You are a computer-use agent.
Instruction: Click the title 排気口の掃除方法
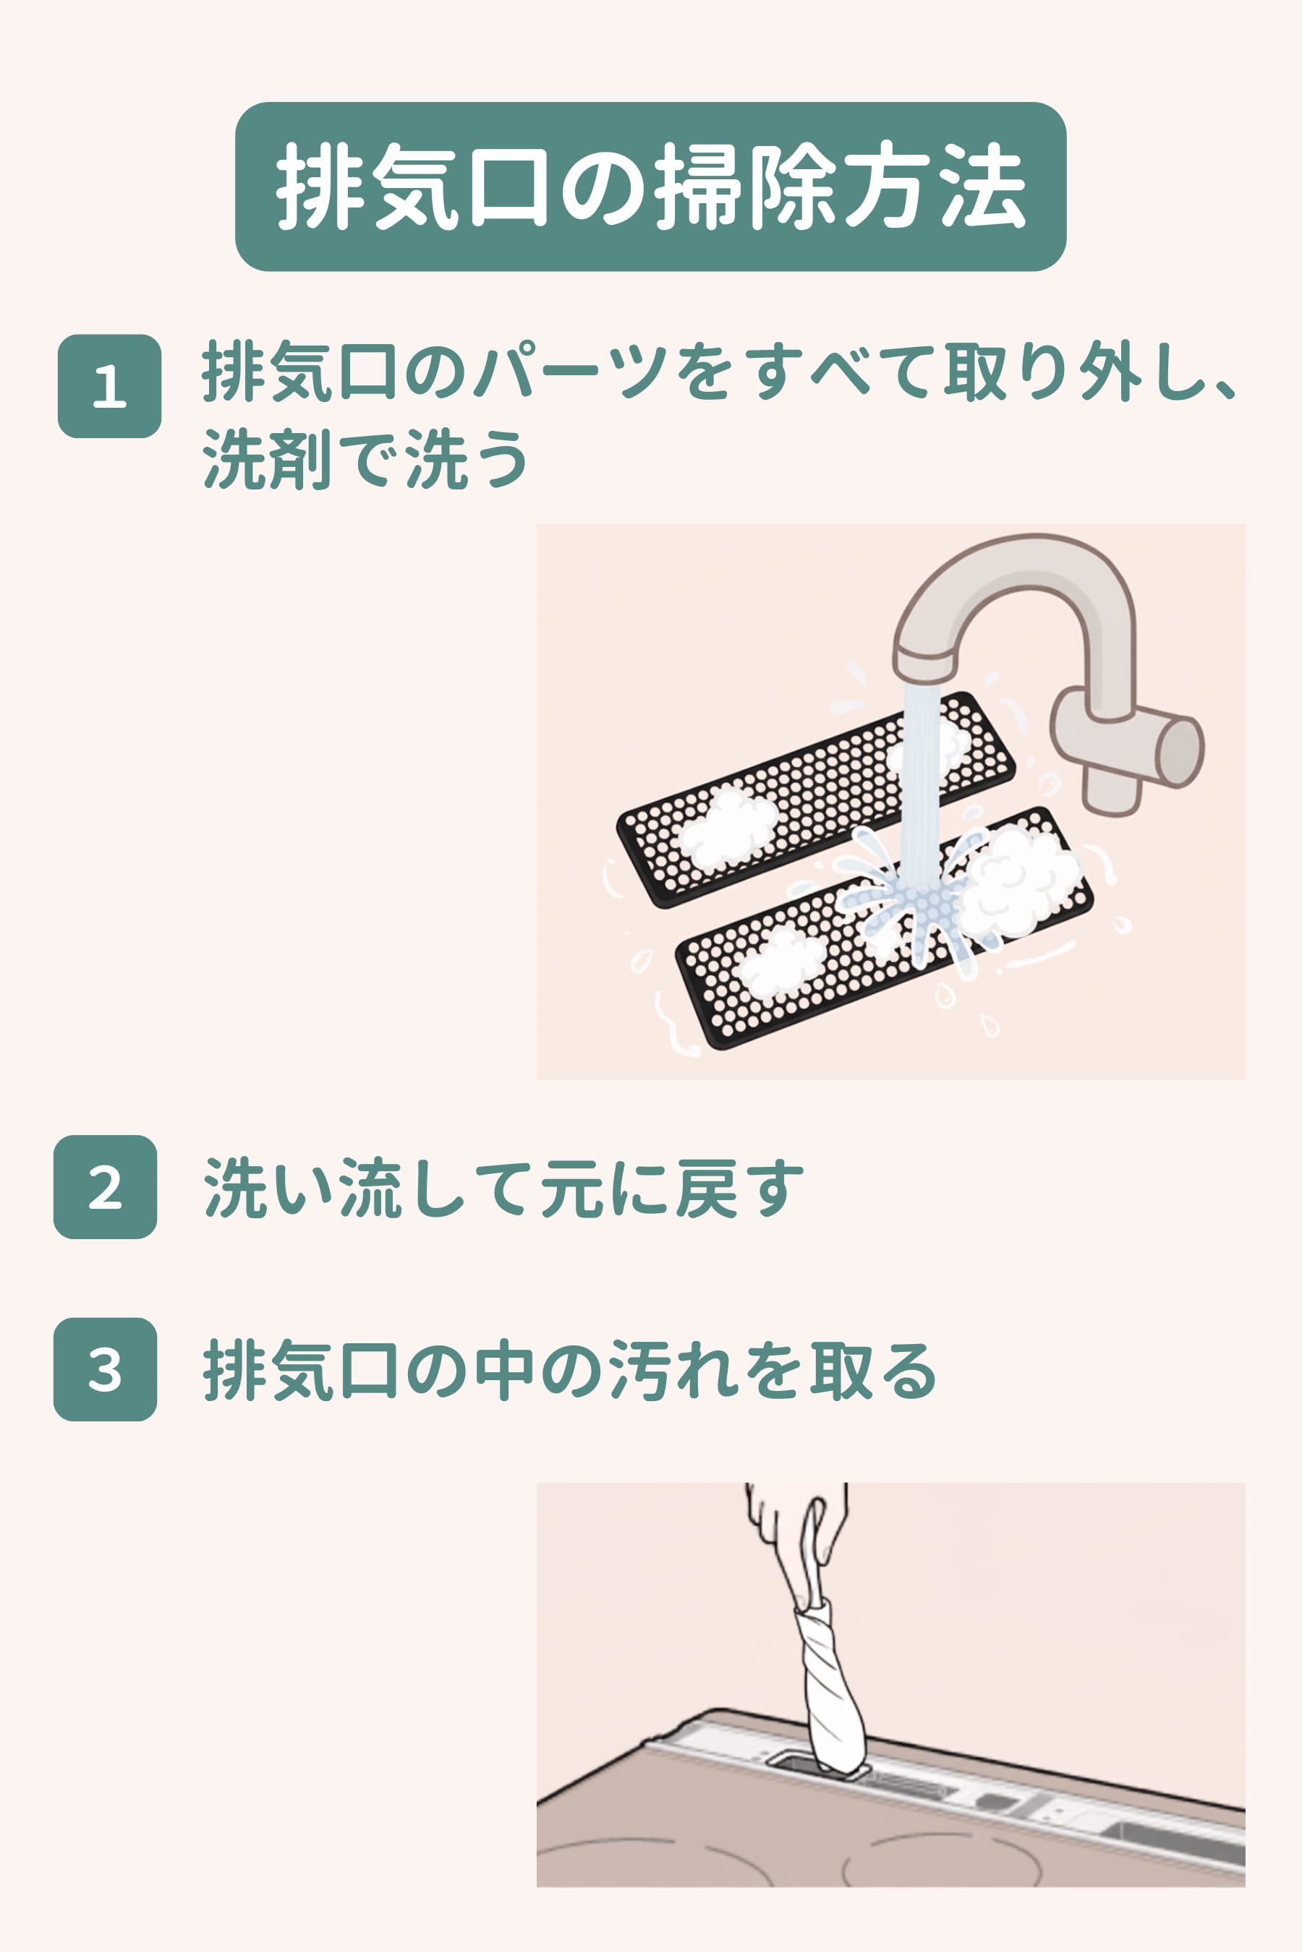(650, 186)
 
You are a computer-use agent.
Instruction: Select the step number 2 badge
(105, 1187)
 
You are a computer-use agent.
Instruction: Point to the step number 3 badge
(105, 1369)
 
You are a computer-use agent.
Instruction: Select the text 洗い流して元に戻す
(503, 1188)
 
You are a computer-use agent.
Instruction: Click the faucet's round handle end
(1180, 750)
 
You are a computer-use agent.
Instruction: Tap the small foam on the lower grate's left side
(780, 963)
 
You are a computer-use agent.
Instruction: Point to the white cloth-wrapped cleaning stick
(830, 1685)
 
